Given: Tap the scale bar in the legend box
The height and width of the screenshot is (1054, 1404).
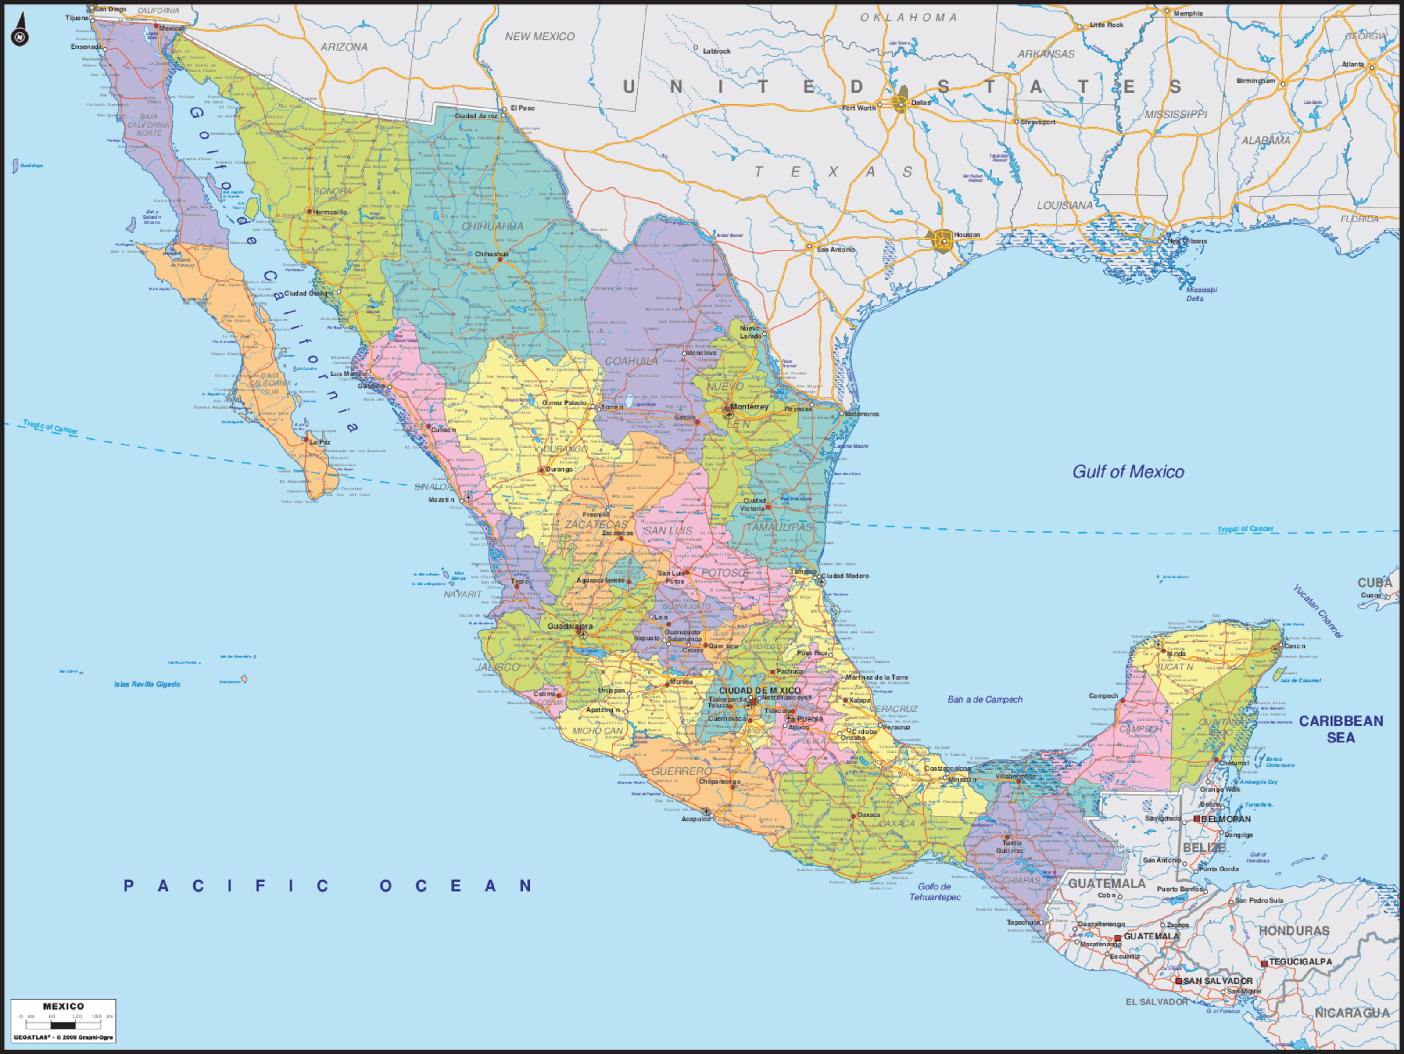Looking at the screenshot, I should [64, 1024].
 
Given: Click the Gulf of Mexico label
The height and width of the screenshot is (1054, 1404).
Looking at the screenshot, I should [1128, 472].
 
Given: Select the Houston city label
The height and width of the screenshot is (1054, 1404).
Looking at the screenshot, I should [967, 235].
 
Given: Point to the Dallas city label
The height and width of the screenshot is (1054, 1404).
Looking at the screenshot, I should [920, 103].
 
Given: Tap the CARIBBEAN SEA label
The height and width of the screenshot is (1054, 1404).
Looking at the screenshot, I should [1340, 729].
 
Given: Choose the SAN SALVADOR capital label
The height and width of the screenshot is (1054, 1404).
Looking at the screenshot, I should [1218, 981].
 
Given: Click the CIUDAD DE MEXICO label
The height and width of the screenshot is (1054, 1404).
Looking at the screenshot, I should [760, 690].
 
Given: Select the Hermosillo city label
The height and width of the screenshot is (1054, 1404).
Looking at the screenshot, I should [330, 212].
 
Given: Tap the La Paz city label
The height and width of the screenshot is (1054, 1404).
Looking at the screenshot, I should [320, 442].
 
